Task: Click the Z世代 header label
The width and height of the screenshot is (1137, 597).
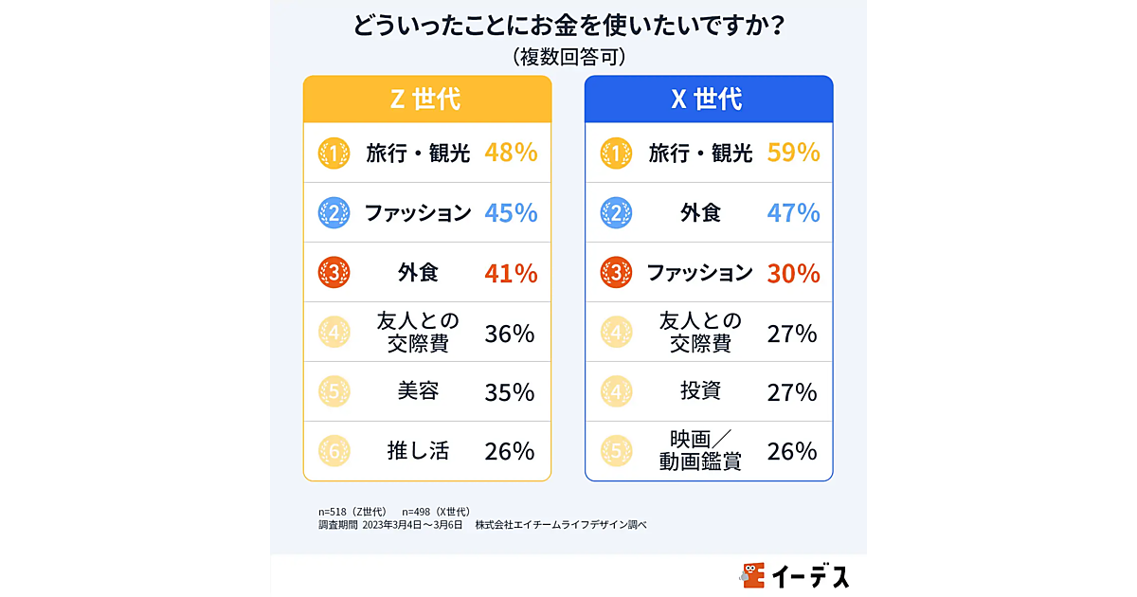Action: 426,99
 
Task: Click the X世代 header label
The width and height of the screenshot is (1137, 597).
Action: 708,99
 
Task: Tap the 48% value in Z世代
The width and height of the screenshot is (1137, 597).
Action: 511,153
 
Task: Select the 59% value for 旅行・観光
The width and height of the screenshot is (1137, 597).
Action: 793,153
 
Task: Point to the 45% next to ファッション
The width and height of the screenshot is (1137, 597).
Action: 511,213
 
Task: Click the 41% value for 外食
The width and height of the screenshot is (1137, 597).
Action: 511,273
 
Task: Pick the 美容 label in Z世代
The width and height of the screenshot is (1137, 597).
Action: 418,391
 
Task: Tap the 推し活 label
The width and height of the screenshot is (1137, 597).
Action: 418,451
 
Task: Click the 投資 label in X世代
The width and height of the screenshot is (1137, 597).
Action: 700,391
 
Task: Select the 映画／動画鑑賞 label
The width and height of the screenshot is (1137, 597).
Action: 700,451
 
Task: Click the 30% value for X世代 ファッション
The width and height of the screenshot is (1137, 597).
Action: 793,273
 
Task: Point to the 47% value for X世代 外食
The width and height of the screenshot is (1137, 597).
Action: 793,213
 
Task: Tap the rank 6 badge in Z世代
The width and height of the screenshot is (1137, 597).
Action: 334,452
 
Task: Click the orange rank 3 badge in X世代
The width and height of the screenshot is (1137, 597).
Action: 617,274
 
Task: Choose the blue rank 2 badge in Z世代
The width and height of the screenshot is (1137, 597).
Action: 334,213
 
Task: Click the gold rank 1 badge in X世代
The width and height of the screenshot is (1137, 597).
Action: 617,154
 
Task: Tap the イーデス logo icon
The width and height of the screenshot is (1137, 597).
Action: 754,575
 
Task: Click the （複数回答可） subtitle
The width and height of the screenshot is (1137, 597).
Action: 568,57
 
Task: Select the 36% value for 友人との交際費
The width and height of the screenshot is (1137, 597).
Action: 510,333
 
